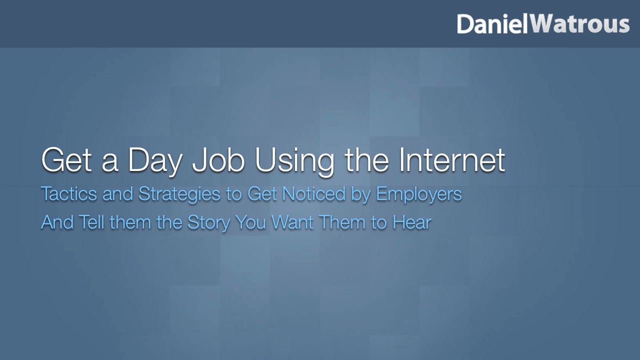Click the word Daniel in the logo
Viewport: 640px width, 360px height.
pyautogui.click(x=492, y=24)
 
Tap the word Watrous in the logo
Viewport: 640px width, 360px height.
pyautogui.click(x=580, y=24)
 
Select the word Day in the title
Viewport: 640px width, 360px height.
pyautogui.click(x=155, y=160)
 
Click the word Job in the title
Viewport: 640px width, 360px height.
pyautogui.click(x=218, y=160)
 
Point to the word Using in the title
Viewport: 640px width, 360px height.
pyautogui.click(x=295, y=160)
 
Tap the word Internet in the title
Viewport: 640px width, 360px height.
pyautogui.click(x=452, y=160)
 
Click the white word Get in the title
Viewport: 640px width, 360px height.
pyautogui.click(x=66, y=160)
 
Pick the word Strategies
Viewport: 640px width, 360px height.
pyautogui.click(x=179, y=194)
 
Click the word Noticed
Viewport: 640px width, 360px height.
pyautogui.click(x=314, y=193)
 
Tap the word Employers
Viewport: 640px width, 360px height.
pyautogui.click(x=419, y=194)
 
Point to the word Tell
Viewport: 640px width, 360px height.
pyautogui.click(x=91, y=222)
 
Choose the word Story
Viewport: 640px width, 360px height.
pyautogui.click(x=208, y=223)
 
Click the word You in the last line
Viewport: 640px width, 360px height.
pyautogui.click(x=251, y=222)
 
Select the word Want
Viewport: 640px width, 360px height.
pyautogui.click(x=292, y=222)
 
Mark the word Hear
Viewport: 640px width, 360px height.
pyautogui.click(x=412, y=222)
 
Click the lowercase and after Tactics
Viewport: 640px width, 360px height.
pyautogui.click(x=118, y=193)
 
